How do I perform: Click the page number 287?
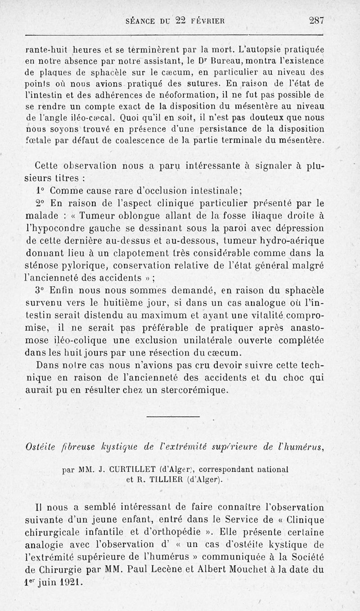point(317,20)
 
